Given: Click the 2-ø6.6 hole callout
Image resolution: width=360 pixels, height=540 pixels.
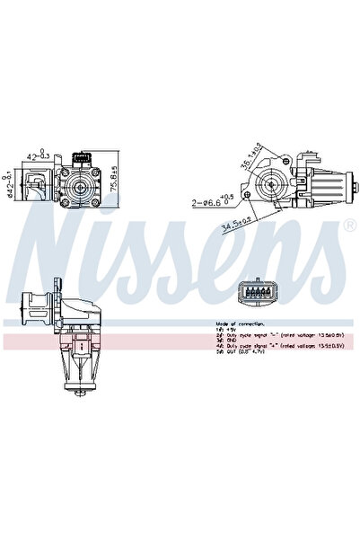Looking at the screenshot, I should tap(213, 201).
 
